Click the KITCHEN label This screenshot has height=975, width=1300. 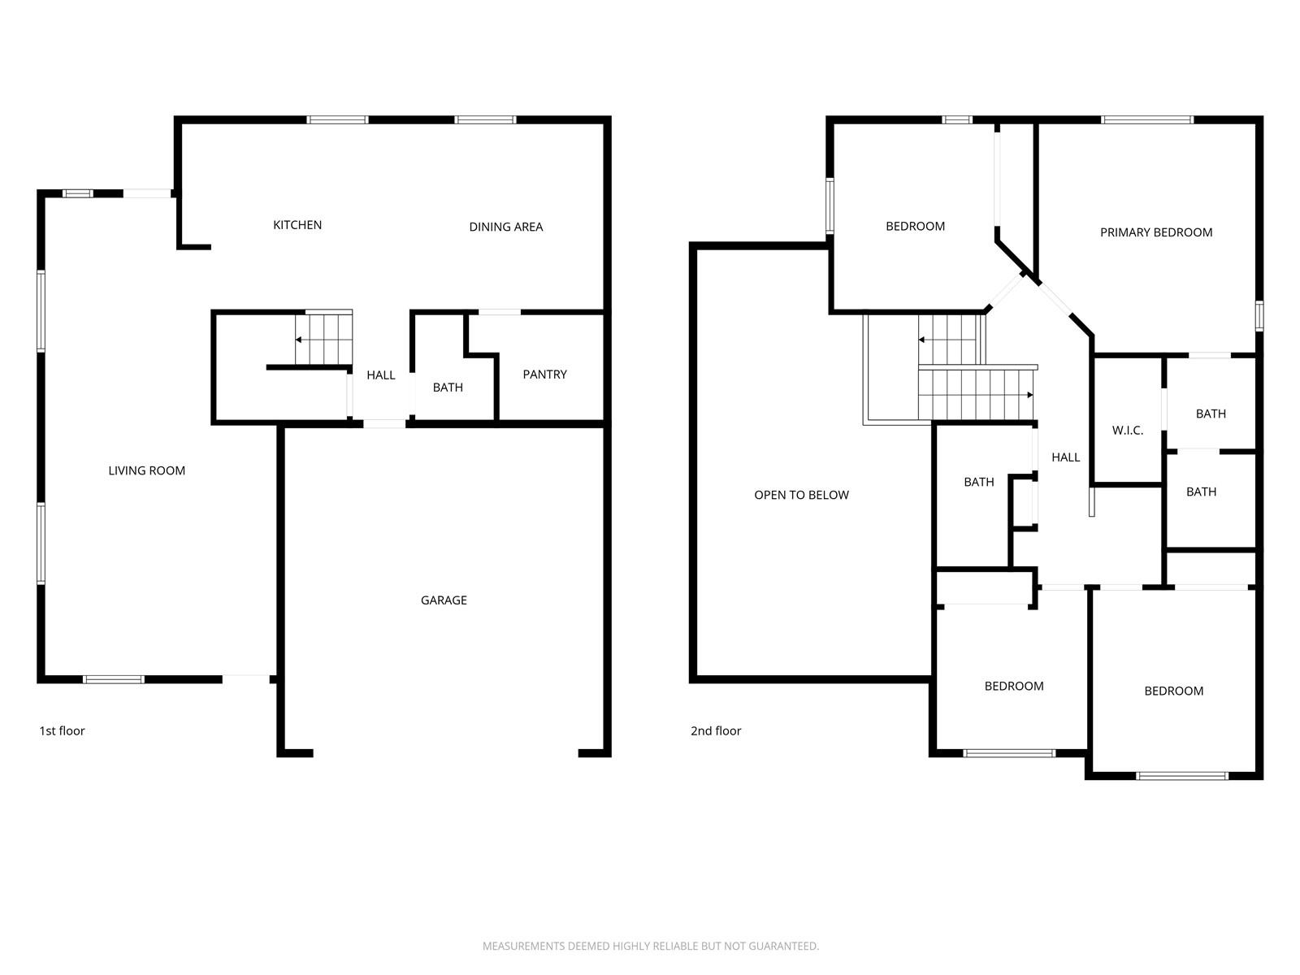click(x=297, y=225)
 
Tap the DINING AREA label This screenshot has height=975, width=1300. click(x=506, y=227)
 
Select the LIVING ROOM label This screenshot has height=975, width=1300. click(x=147, y=470)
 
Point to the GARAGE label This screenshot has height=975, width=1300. click(x=444, y=600)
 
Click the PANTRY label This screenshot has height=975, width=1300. click(x=545, y=374)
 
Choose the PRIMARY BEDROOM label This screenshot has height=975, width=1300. click(x=1156, y=232)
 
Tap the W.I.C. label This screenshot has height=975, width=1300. click(x=1128, y=431)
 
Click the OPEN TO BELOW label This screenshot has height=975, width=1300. click(x=801, y=495)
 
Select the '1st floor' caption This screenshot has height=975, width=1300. click(x=63, y=731)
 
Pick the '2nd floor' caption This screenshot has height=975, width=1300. click(x=716, y=731)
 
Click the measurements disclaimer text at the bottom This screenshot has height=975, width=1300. click(x=650, y=946)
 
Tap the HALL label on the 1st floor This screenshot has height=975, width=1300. click(x=381, y=375)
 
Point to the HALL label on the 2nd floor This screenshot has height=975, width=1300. click(x=1065, y=457)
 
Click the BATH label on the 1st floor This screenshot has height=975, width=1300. click(x=448, y=388)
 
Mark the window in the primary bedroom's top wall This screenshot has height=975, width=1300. click(x=1147, y=119)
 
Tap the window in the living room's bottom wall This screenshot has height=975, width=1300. click(x=113, y=679)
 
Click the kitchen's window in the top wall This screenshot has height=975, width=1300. click(x=337, y=119)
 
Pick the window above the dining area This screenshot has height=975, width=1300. click(x=486, y=119)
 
